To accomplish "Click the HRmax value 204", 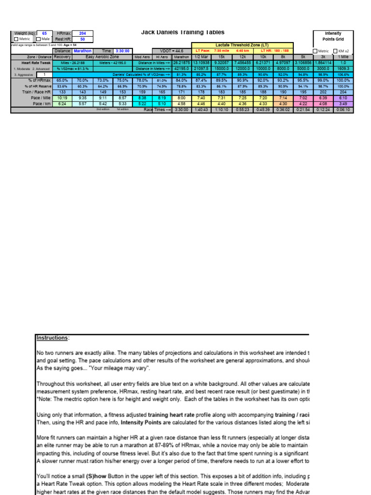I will (82, 33).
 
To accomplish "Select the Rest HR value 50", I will (82, 39).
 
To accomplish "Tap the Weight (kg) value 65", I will (44, 33).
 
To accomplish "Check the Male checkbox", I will (39, 39).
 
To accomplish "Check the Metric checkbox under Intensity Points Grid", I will (315, 51).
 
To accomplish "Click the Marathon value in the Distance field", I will (83, 51).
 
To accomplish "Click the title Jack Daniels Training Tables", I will (183, 32).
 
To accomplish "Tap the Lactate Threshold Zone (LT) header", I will (242, 44).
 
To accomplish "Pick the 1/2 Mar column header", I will (200, 57).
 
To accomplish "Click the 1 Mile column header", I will (343, 57).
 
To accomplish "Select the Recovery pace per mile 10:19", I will (62, 97).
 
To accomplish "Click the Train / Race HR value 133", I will (62, 91).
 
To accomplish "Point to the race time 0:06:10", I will (343, 110).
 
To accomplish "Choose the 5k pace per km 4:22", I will (303, 103).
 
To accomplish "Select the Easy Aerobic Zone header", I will (102, 57).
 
